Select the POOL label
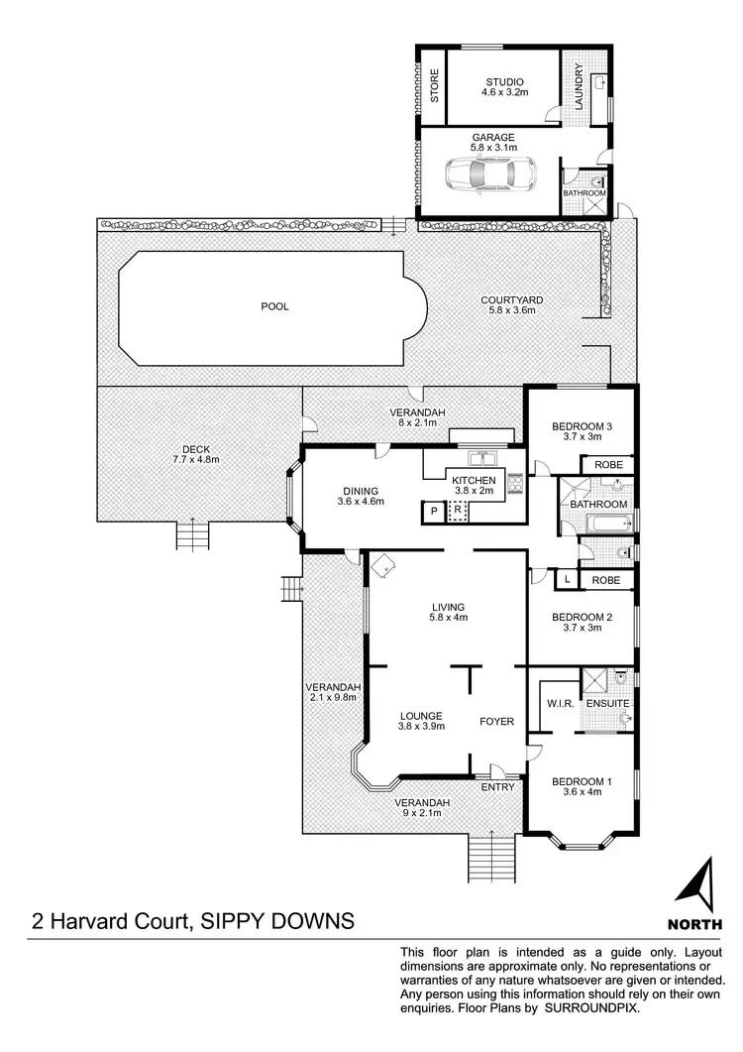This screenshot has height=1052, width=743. coord(274,306)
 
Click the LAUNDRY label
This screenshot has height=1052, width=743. coord(579,88)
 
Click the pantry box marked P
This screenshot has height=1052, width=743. coord(433,512)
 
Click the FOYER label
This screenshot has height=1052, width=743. coord(497,721)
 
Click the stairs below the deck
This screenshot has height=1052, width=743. coord(191,536)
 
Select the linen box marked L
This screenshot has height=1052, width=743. coord(565,579)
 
